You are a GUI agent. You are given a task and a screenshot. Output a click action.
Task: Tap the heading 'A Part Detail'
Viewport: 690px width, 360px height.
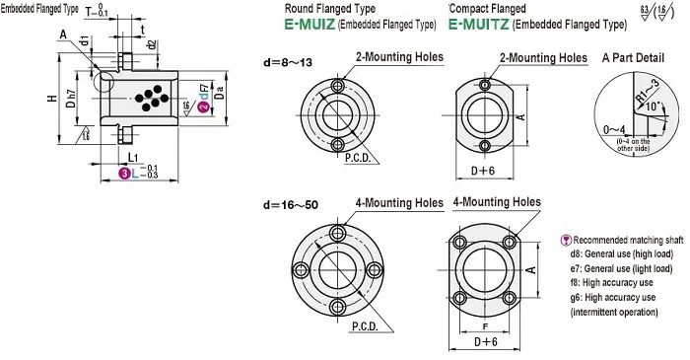[x=639, y=58]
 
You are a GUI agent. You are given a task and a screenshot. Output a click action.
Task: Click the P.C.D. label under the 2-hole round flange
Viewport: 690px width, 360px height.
[x=359, y=156]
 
